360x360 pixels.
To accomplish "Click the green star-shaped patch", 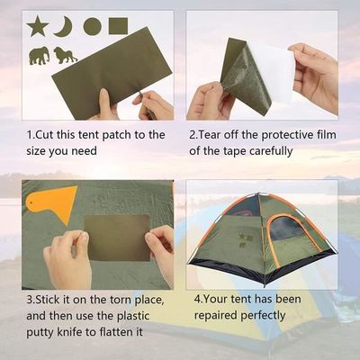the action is click(x=38, y=26).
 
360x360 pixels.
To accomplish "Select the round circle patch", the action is click(x=92, y=26).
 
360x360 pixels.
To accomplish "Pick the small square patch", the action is click(x=118, y=26).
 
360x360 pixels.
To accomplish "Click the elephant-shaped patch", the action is click(x=39, y=55).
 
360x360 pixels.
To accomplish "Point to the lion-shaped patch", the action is click(x=65, y=55).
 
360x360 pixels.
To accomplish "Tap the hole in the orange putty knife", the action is click(x=31, y=202).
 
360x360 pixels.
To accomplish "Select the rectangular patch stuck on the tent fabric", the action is click(x=117, y=238).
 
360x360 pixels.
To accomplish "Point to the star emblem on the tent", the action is click(x=242, y=237).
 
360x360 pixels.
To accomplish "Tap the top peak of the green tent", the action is click(x=258, y=193).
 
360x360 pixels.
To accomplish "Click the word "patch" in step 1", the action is click(x=116, y=135).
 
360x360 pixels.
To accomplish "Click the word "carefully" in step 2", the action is click(x=271, y=151).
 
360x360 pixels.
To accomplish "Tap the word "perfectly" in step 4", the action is click(x=263, y=316).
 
